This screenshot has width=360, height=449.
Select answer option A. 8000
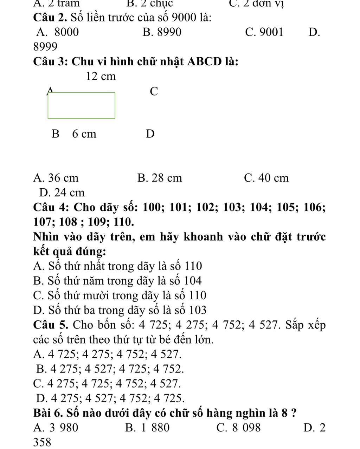(x=58, y=32)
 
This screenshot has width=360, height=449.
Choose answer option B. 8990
(x=162, y=32)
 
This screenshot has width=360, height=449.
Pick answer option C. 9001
(x=264, y=32)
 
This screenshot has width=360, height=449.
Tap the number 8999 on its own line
(x=45, y=46)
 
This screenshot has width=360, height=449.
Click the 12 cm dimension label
(x=101, y=76)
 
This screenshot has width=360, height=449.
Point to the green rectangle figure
(x=81, y=105)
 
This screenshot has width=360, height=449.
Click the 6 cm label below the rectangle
(x=84, y=134)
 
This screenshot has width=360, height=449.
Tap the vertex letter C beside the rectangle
(x=154, y=91)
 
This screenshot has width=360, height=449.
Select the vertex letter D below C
(x=150, y=134)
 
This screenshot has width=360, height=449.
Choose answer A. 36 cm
(x=56, y=178)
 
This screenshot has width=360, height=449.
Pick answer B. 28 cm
(x=160, y=178)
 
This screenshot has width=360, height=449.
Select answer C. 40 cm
(x=266, y=178)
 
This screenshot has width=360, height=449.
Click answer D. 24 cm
(x=62, y=193)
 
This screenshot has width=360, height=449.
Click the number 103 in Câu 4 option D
(x=198, y=310)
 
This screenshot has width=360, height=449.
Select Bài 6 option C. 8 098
(x=239, y=428)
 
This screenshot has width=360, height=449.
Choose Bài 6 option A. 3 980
(x=56, y=428)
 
